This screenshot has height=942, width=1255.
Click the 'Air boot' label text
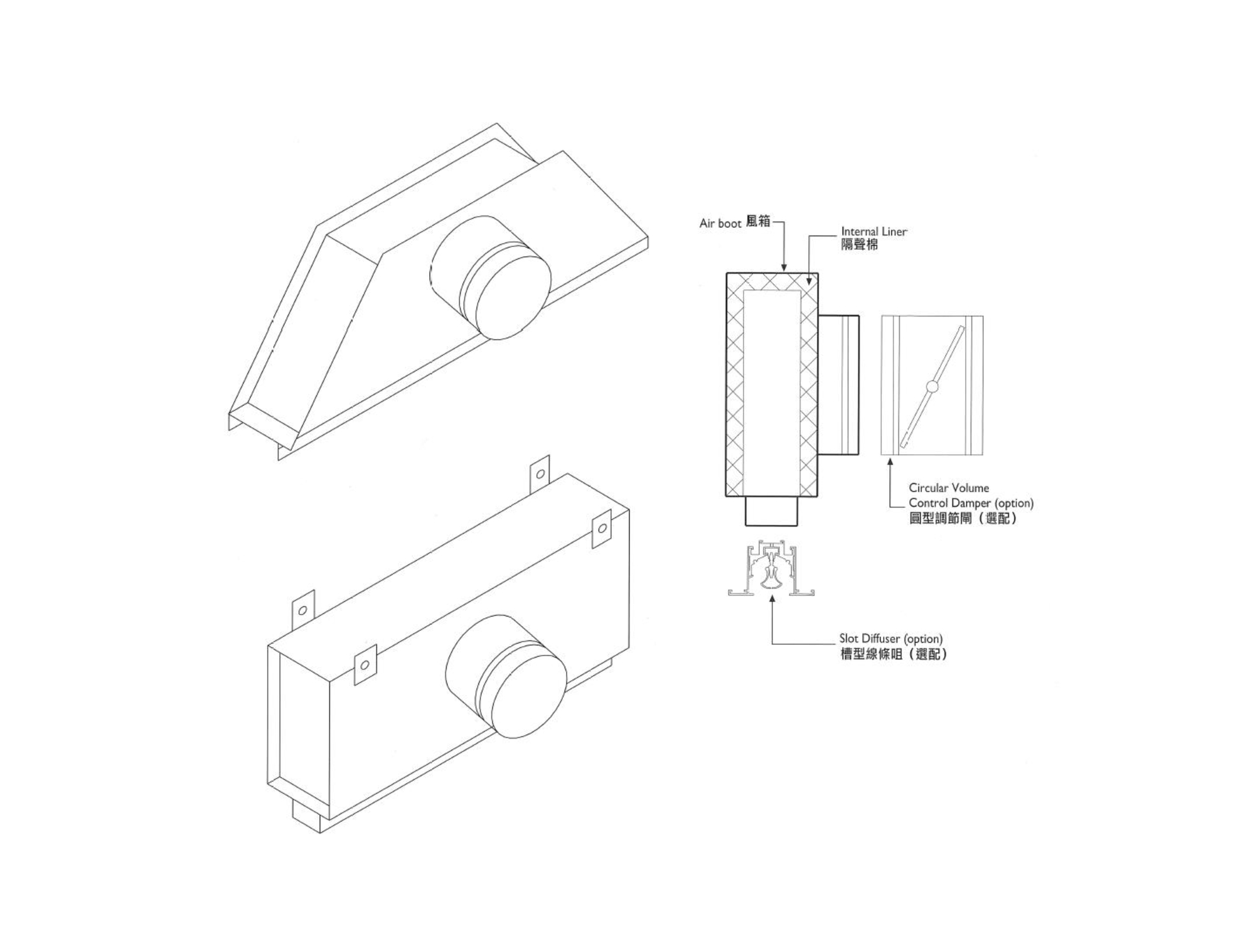(x=720, y=224)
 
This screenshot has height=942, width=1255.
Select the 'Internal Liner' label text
(x=873, y=232)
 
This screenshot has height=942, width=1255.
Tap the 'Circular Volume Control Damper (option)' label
(x=970, y=495)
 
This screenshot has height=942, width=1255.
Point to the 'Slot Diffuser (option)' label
(x=890, y=639)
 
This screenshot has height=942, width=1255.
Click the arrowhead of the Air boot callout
(x=784, y=268)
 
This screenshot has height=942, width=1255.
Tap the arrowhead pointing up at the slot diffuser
(x=772, y=598)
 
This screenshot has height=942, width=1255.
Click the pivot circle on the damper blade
(x=932, y=387)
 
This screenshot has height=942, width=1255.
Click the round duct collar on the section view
(x=838, y=385)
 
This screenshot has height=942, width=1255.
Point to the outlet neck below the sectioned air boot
(x=771, y=511)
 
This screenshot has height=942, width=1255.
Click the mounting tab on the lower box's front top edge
(x=365, y=664)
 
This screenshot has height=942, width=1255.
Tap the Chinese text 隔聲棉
(x=859, y=245)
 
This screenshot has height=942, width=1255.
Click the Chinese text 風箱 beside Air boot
(x=758, y=222)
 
